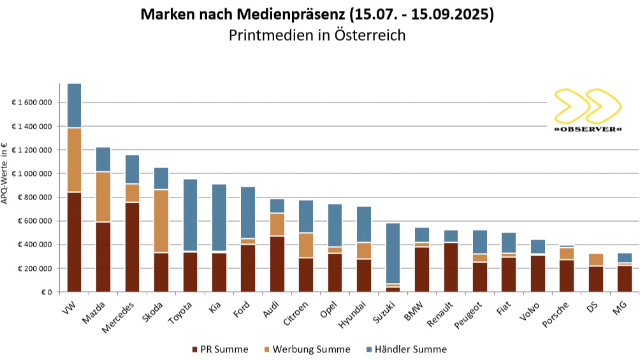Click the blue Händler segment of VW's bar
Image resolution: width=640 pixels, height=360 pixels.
pos(74,105)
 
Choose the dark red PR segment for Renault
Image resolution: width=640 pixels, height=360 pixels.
pos(451,268)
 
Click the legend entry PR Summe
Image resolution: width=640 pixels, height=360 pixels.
pos(220,349)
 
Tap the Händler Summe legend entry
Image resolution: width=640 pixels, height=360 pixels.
pos(406,349)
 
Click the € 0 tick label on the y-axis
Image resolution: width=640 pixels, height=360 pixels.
pos(46,292)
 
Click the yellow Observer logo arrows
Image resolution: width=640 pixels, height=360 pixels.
pos(587,106)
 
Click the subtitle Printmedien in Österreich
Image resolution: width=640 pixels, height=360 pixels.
pos(317,35)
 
